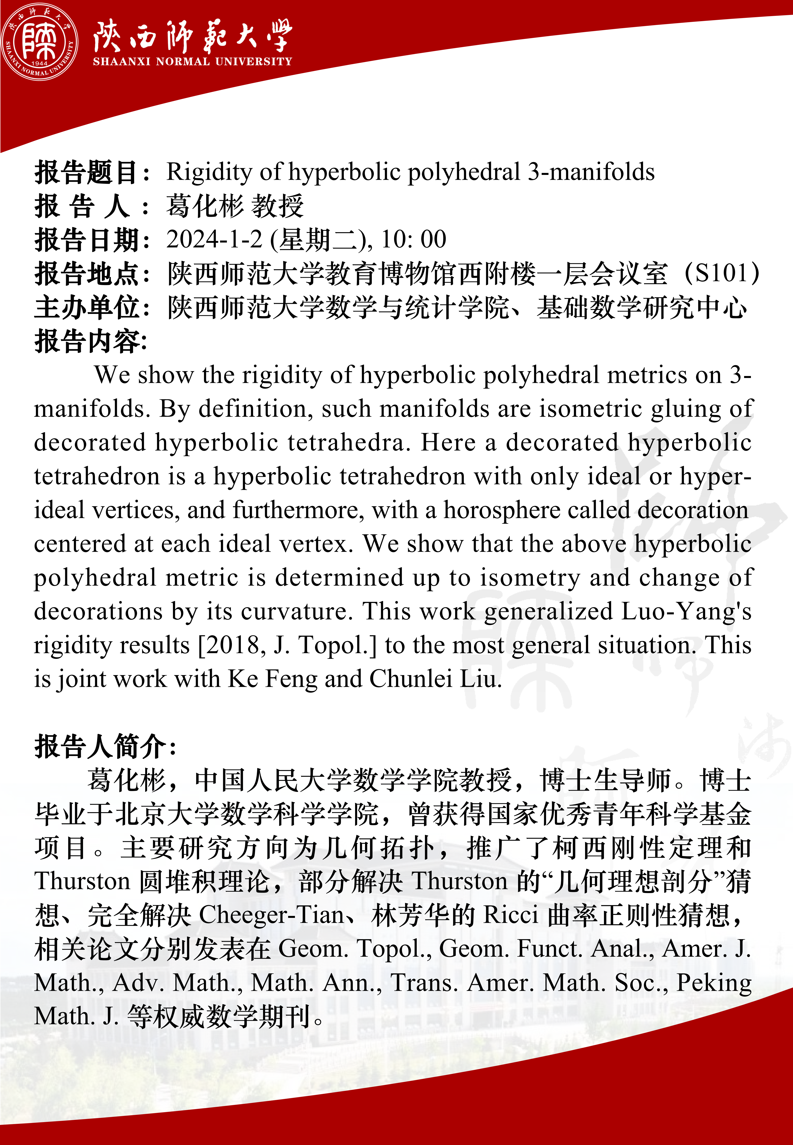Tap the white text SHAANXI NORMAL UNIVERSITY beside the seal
coord(192,62)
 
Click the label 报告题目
coord(85,172)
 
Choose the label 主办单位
coord(85,307)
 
